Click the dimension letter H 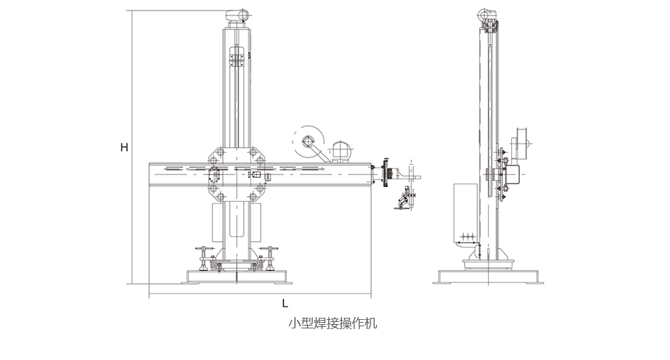(124, 148)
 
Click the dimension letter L (284, 304)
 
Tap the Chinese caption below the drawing (333, 324)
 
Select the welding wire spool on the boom (309, 143)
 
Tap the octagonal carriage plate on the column (237, 173)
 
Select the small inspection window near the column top (237, 56)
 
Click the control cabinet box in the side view (465, 211)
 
